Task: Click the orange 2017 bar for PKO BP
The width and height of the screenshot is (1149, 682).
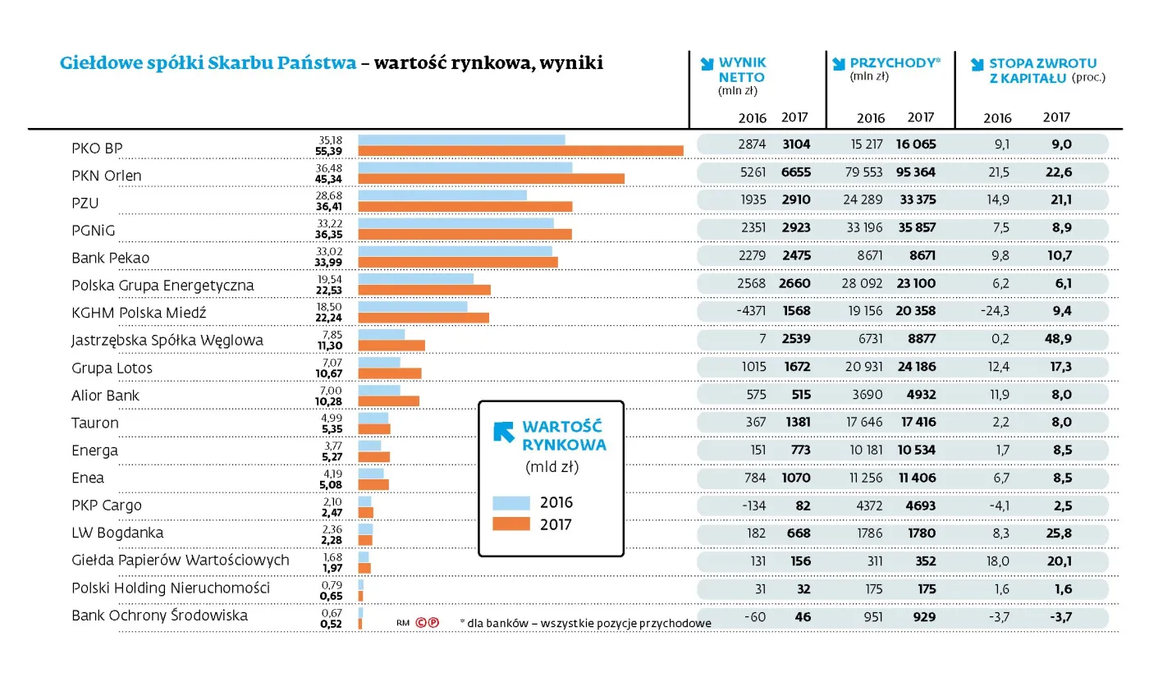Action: click(x=520, y=151)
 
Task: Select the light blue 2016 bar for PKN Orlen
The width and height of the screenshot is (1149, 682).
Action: click(x=465, y=167)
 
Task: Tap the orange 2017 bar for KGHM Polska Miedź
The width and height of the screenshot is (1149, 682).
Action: click(x=423, y=318)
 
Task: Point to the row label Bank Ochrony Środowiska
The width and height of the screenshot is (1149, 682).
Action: click(x=159, y=616)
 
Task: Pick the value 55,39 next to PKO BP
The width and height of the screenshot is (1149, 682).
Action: click(x=328, y=152)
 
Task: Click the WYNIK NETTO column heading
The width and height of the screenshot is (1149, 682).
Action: click(x=742, y=70)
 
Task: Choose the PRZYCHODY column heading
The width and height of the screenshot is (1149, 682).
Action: click(x=893, y=63)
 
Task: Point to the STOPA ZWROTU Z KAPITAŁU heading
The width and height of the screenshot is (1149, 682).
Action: click(x=1041, y=70)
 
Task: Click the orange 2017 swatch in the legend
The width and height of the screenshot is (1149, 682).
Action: click(x=510, y=524)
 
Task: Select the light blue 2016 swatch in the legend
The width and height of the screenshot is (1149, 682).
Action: click(x=510, y=503)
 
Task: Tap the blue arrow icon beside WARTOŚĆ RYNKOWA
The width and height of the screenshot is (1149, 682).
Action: click(x=503, y=432)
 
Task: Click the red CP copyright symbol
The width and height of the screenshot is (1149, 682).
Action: click(x=427, y=623)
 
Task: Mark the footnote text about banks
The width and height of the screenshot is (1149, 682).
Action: click(x=585, y=623)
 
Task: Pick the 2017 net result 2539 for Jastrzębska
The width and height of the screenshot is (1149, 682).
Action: click(x=795, y=338)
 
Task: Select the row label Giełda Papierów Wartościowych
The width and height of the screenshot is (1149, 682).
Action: click(x=180, y=561)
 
